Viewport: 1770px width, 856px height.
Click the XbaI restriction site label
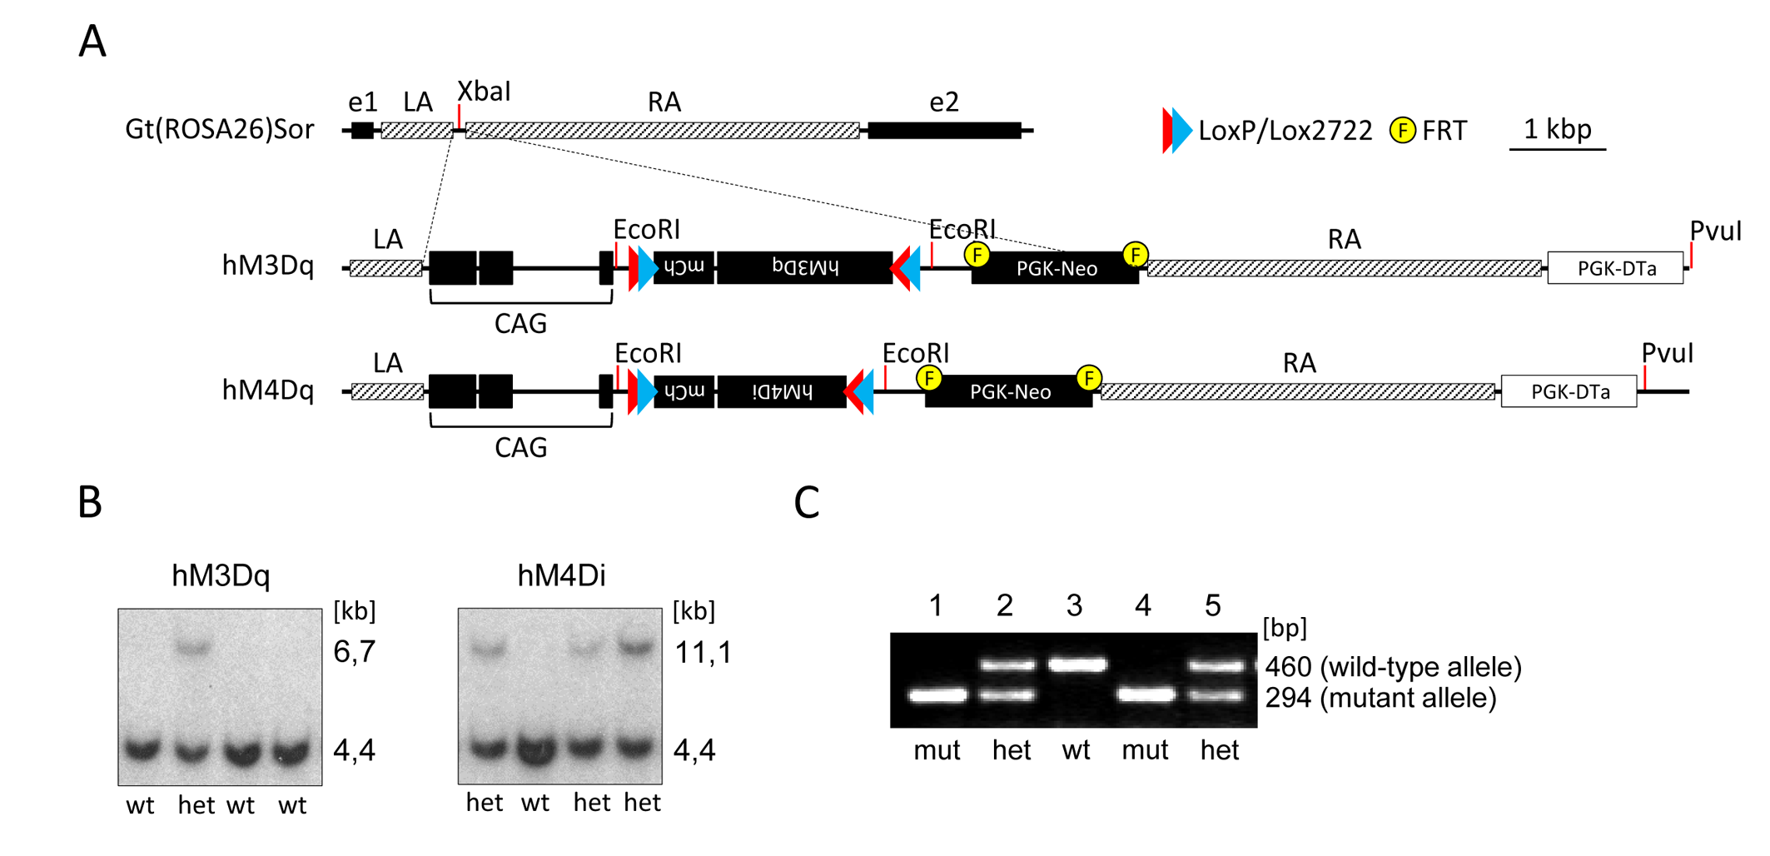(484, 91)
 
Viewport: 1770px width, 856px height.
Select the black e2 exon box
(944, 130)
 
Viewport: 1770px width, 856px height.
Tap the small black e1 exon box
(362, 130)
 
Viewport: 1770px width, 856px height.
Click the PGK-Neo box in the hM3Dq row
(1055, 268)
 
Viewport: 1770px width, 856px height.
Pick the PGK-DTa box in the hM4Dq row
(1569, 391)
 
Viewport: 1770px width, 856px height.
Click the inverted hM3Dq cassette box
(804, 267)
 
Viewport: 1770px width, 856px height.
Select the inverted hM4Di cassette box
(781, 391)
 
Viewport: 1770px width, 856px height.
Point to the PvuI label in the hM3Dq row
(1715, 231)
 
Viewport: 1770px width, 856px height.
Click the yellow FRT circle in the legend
(1402, 131)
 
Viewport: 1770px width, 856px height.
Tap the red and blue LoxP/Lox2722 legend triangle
(1176, 131)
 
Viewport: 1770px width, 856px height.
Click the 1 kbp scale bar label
(1557, 128)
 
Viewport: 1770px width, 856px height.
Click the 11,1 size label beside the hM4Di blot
(704, 652)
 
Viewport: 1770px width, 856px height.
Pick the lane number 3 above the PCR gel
(1074, 605)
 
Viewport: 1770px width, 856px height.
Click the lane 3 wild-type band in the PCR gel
(1077, 664)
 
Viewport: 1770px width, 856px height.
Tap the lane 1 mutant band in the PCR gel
(937, 694)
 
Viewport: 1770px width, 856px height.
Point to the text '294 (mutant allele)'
(1380, 698)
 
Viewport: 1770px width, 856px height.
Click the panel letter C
(807, 502)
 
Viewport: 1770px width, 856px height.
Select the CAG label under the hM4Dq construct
(520, 448)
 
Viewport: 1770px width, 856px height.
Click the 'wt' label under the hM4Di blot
(535, 803)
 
